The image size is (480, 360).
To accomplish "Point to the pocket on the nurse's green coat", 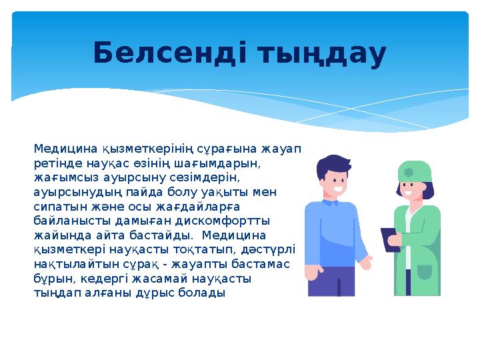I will [x=424, y=273].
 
